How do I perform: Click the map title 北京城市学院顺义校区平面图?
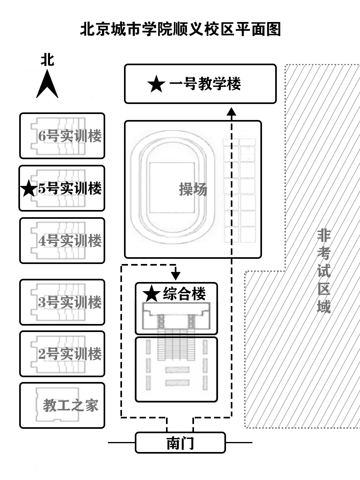point(180,29)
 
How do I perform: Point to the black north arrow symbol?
point(47,85)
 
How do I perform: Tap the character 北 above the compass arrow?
point(47,60)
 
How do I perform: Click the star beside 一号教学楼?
point(156,84)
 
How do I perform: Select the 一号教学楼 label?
point(205,84)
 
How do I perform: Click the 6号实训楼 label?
point(70,136)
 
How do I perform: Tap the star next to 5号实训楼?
point(29,189)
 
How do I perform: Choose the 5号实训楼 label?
point(70,188)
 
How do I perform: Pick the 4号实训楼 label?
point(70,241)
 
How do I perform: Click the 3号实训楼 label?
point(70,302)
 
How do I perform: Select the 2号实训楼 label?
point(70,354)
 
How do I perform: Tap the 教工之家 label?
point(70,406)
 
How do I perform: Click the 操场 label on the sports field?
point(193,189)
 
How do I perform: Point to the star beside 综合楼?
point(152,294)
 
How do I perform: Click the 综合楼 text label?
point(184,294)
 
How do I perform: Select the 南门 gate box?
point(180,443)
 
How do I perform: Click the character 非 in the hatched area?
point(324,236)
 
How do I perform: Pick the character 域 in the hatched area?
point(324,307)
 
